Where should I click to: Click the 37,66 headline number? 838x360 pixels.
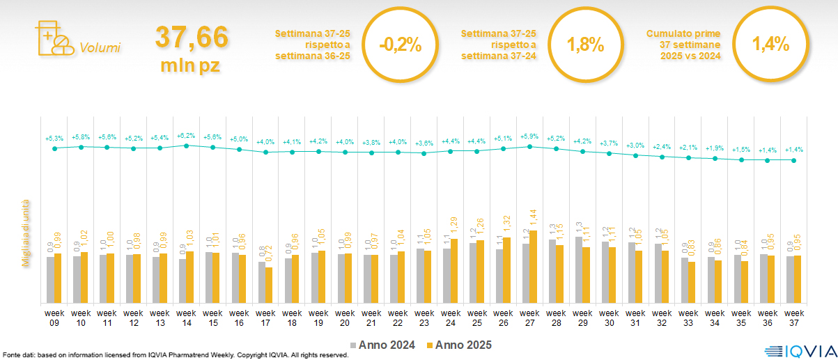[x=191, y=37]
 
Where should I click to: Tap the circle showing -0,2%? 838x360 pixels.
[x=400, y=45]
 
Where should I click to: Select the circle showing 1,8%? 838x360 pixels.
[x=585, y=45]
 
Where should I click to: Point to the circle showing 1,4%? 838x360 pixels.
[x=770, y=45]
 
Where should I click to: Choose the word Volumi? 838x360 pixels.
[x=100, y=48]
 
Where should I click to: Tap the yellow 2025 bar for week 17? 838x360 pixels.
[x=269, y=285]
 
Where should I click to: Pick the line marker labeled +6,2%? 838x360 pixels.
[x=186, y=146]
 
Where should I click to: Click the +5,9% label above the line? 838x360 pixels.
[x=529, y=136]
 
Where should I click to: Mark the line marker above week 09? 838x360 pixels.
[x=54, y=148]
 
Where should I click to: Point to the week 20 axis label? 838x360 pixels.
[x=345, y=318]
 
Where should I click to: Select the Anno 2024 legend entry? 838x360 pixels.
[x=384, y=345]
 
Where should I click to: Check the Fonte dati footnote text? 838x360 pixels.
[x=174, y=355]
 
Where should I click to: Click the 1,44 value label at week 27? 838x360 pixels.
[x=534, y=219]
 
